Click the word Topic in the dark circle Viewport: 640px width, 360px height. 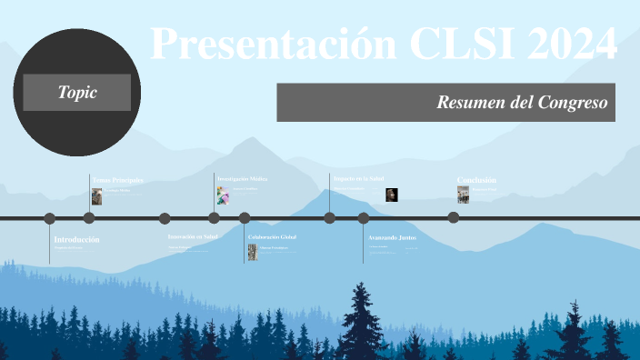(x=76, y=92)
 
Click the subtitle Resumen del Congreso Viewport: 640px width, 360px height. (x=521, y=103)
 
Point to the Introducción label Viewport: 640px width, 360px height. (x=76, y=239)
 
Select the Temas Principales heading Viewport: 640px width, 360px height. (x=117, y=181)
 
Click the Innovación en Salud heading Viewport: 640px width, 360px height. (x=193, y=236)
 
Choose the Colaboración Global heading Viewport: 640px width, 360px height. (x=273, y=236)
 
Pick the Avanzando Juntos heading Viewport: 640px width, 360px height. (x=392, y=237)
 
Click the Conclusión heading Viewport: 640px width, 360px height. (x=476, y=180)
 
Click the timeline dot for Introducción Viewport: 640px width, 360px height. (x=50, y=218)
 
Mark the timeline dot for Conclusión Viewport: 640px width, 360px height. (x=453, y=217)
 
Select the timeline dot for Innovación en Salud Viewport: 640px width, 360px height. (x=165, y=218)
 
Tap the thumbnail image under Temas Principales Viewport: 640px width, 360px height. (x=96, y=196)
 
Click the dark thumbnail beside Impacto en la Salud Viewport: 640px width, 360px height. (x=391, y=194)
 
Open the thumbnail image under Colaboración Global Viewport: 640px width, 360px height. (x=253, y=252)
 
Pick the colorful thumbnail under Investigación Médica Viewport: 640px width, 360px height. (x=222, y=195)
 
